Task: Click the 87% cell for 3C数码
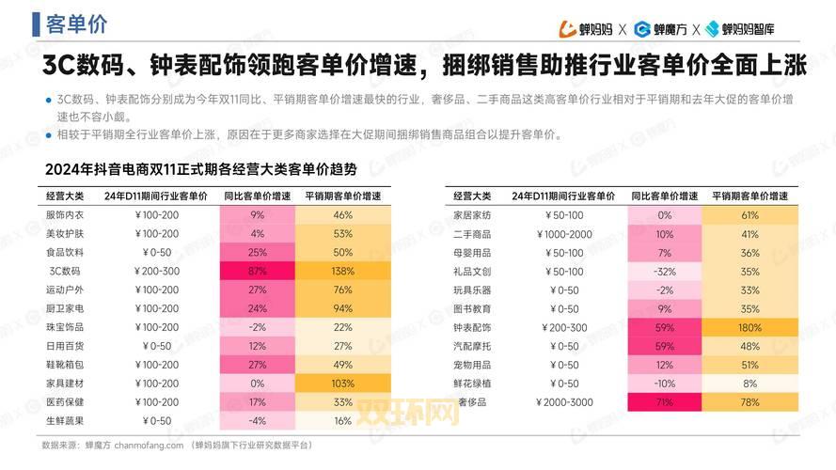(257, 271)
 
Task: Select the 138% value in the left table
(342, 271)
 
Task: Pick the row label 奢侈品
(472, 402)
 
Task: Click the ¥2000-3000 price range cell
(564, 402)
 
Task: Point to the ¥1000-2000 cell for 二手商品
(564, 234)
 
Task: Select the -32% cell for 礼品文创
(665, 271)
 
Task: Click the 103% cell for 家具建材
(342, 384)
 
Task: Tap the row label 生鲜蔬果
(64, 421)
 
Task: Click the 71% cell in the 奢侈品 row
(665, 402)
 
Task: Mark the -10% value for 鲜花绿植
(665, 384)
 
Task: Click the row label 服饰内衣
(64, 215)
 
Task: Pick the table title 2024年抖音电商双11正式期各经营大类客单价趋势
(200, 170)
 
